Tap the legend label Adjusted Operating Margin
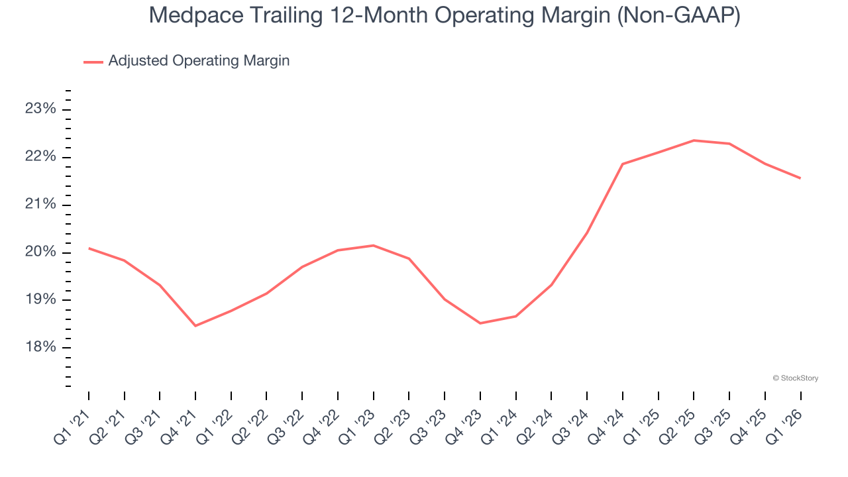point(199,61)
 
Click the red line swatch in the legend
point(93,62)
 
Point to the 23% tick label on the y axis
point(41,109)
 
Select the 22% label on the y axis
point(41,156)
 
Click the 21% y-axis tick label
point(41,204)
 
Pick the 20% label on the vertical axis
point(41,252)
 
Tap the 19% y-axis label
point(41,299)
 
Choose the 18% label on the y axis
point(41,347)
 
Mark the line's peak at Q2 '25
point(694,140)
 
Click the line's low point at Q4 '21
point(195,325)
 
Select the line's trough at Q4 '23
point(480,323)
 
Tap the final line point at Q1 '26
point(800,178)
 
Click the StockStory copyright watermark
point(795,378)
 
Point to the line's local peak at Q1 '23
point(374,246)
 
